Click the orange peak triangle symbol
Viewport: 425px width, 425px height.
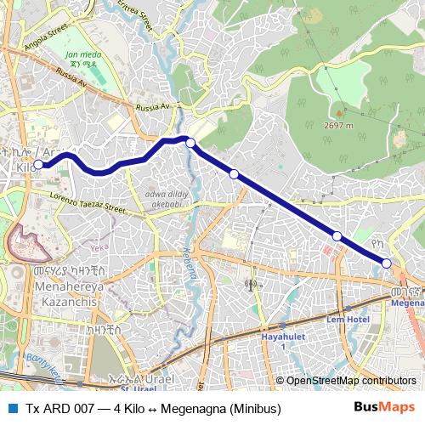338,111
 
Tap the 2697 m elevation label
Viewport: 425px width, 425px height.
339,123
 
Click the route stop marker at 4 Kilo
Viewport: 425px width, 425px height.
38,165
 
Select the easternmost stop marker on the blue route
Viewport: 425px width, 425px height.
387,263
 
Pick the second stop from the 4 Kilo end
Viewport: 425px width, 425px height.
190,143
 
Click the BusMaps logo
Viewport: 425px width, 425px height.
384,407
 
